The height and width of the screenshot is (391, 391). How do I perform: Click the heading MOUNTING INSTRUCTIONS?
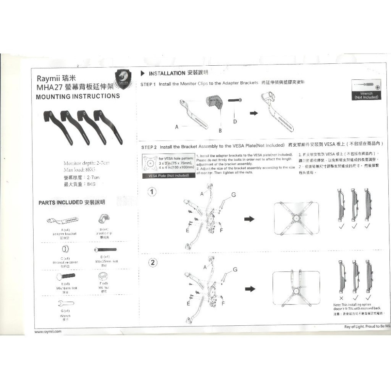78,96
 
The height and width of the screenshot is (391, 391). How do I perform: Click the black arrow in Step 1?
254,113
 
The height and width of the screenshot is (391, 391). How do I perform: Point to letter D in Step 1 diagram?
235,122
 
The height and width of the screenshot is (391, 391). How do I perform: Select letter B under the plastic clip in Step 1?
220,130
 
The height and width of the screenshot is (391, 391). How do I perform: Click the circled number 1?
153,192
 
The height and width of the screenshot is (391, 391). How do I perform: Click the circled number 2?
154,262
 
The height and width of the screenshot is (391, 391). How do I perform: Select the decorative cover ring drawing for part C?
66,249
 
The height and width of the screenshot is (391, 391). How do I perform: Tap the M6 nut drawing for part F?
104,277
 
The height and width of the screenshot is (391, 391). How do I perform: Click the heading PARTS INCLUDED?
60,203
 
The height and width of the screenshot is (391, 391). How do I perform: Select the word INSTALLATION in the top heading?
167,73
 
